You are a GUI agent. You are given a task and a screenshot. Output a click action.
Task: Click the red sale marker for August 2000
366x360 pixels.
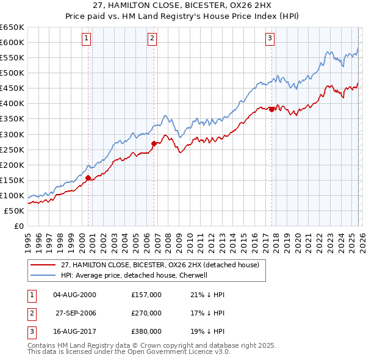point(88,178)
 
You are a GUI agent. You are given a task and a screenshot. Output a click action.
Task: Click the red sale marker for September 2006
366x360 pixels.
point(154,143)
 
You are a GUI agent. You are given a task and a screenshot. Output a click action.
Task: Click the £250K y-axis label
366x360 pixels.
point(12,149)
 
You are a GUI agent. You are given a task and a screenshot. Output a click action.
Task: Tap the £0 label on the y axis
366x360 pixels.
point(18,226)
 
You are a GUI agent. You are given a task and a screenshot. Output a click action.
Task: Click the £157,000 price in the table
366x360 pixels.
point(146,294)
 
